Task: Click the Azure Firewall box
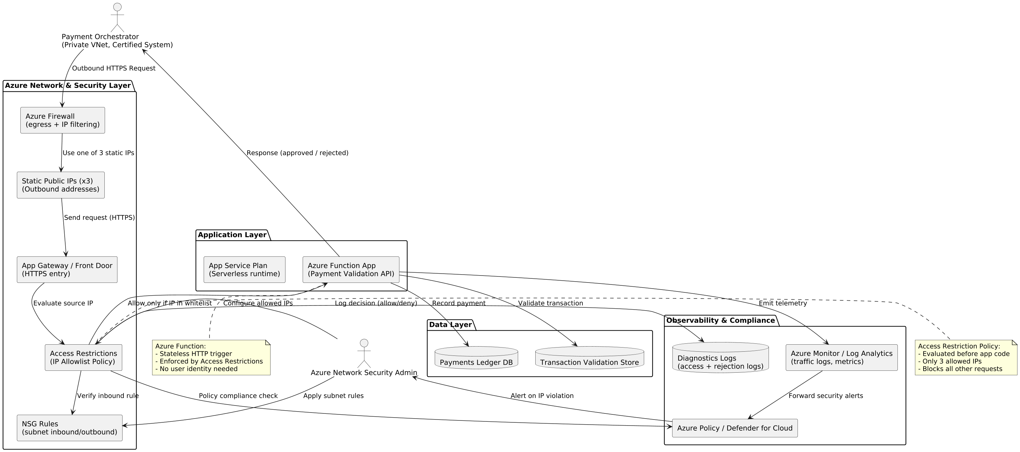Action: click(x=63, y=120)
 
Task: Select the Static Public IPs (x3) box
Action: click(x=60, y=185)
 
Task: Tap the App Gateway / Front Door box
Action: click(x=67, y=269)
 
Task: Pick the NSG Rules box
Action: click(x=69, y=428)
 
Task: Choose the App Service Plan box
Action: click(x=244, y=269)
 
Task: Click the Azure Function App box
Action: click(x=351, y=269)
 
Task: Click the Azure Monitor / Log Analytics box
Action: click(x=841, y=357)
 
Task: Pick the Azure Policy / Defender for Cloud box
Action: click(x=735, y=428)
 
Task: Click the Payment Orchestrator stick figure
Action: click(x=117, y=18)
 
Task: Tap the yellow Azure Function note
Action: click(x=211, y=357)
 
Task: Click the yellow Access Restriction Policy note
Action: click(x=966, y=357)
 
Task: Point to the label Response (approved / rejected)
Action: click(x=297, y=153)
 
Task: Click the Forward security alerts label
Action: click(x=826, y=396)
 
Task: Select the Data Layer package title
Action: click(x=450, y=325)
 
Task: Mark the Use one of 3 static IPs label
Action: click(x=98, y=153)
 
